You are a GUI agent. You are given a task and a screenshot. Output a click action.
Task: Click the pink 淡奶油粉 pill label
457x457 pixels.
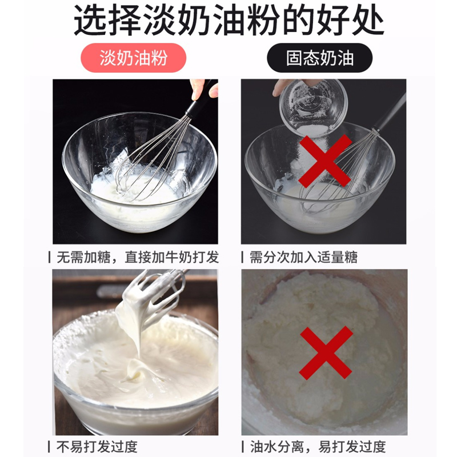coord(133,58)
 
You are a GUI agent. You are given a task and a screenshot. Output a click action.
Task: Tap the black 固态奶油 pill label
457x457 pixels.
coord(320,58)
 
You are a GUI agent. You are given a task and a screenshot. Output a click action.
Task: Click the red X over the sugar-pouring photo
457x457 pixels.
coord(324,161)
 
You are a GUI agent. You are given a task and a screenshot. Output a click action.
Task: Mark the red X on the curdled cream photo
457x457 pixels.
coord(326,352)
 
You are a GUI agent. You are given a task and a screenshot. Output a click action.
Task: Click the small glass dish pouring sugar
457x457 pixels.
coord(314,108)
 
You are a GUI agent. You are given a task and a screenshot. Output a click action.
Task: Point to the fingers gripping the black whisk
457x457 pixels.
coord(204,89)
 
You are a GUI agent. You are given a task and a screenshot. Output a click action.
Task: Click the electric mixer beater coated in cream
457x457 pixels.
coord(151,300)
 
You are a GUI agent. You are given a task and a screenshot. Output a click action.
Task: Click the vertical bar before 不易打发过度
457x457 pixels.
coord(49,447)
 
